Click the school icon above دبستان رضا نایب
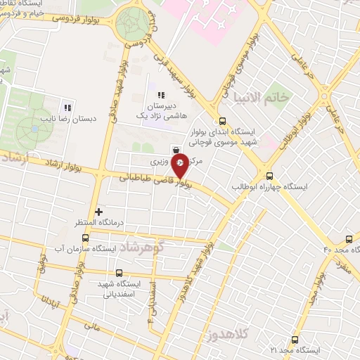click(67, 108)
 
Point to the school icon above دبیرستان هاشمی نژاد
click(160, 95)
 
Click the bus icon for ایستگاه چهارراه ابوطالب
click(269, 176)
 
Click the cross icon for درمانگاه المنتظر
click(99, 211)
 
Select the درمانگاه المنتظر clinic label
click(98, 222)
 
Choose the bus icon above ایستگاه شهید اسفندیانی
click(118, 273)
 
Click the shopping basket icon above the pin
click(175, 149)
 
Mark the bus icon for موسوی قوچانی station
click(223, 120)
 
